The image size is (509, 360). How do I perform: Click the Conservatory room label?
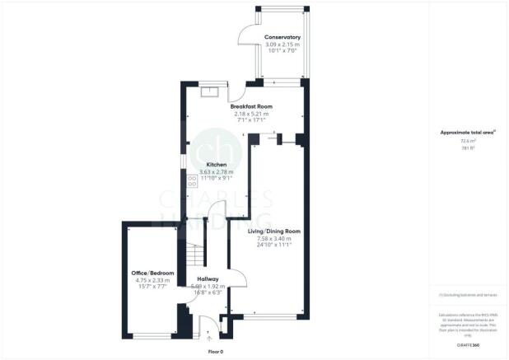[282, 38]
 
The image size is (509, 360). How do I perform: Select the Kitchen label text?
[205, 165]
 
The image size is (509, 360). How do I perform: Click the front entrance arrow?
[208, 337]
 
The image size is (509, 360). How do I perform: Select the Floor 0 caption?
[215, 351]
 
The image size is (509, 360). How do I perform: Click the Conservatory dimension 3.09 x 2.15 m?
[282, 44]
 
